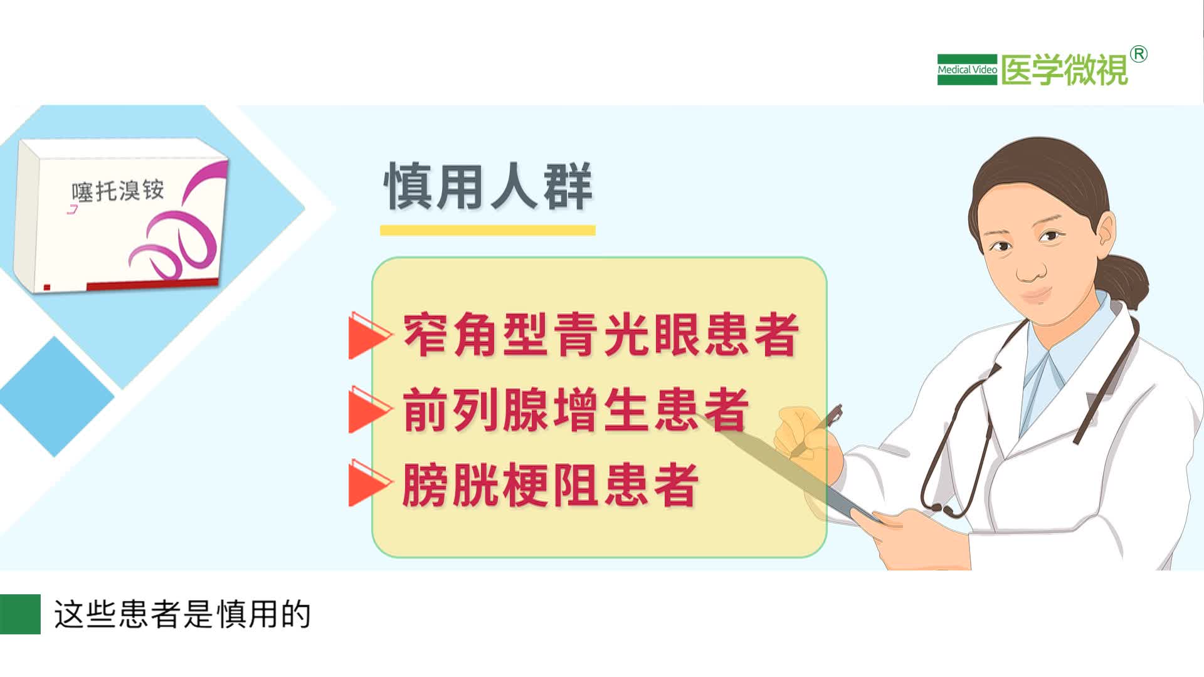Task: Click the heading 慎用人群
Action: (x=488, y=186)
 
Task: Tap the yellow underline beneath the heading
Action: (x=487, y=230)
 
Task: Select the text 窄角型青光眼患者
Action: (x=601, y=335)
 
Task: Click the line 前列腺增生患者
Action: (x=576, y=410)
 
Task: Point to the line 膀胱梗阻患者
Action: (x=550, y=485)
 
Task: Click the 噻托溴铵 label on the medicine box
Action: (x=118, y=191)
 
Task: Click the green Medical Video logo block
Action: (x=966, y=70)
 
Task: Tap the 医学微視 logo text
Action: (x=1064, y=70)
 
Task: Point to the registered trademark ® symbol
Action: (x=1139, y=55)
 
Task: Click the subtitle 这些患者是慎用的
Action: (x=182, y=614)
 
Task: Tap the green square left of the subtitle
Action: (x=20, y=614)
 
